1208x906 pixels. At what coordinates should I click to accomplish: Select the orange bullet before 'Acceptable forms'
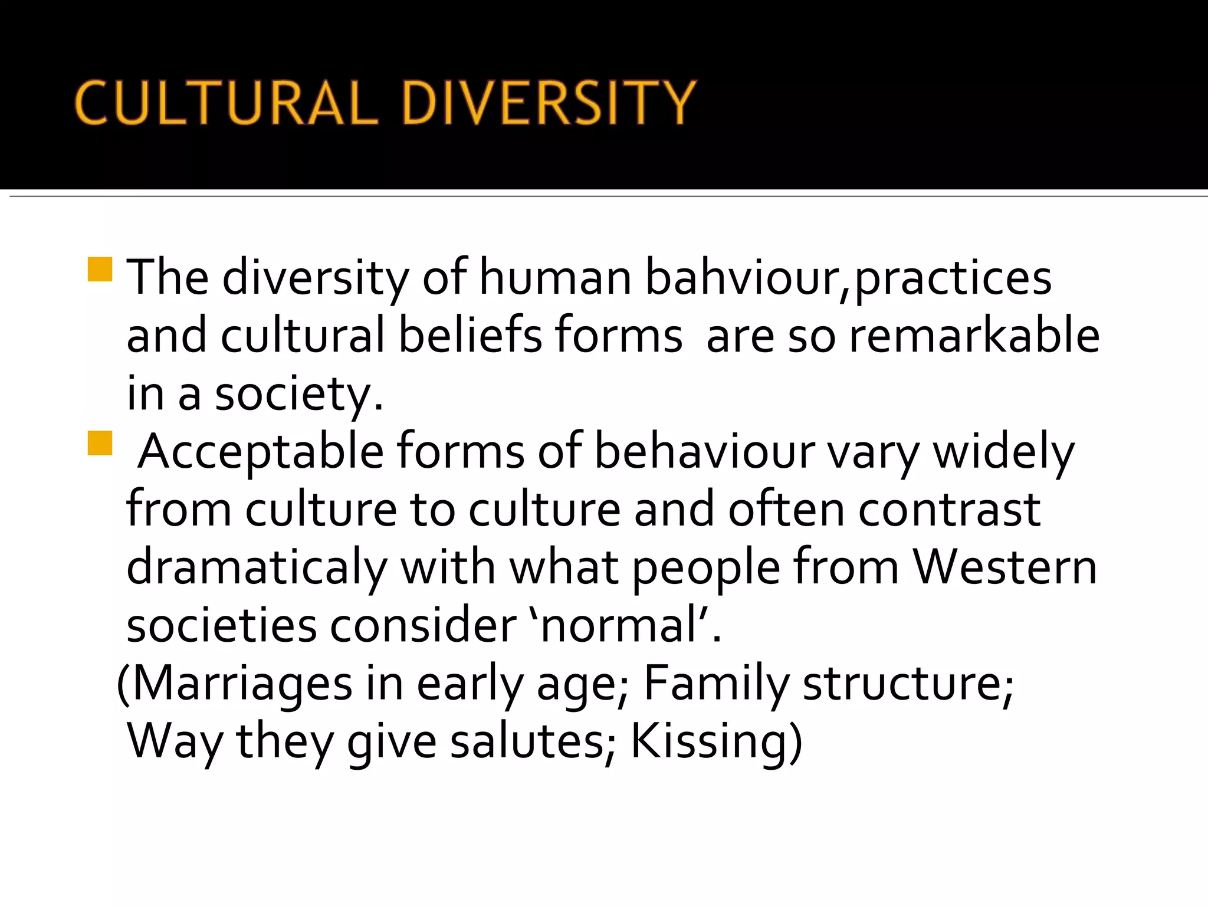click(100, 443)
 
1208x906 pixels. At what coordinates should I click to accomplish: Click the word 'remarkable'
click(974, 335)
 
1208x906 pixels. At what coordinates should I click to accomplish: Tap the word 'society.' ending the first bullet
click(299, 394)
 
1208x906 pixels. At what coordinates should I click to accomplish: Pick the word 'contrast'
click(949, 510)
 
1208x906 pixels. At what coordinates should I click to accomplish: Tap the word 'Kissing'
click(710, 741)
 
